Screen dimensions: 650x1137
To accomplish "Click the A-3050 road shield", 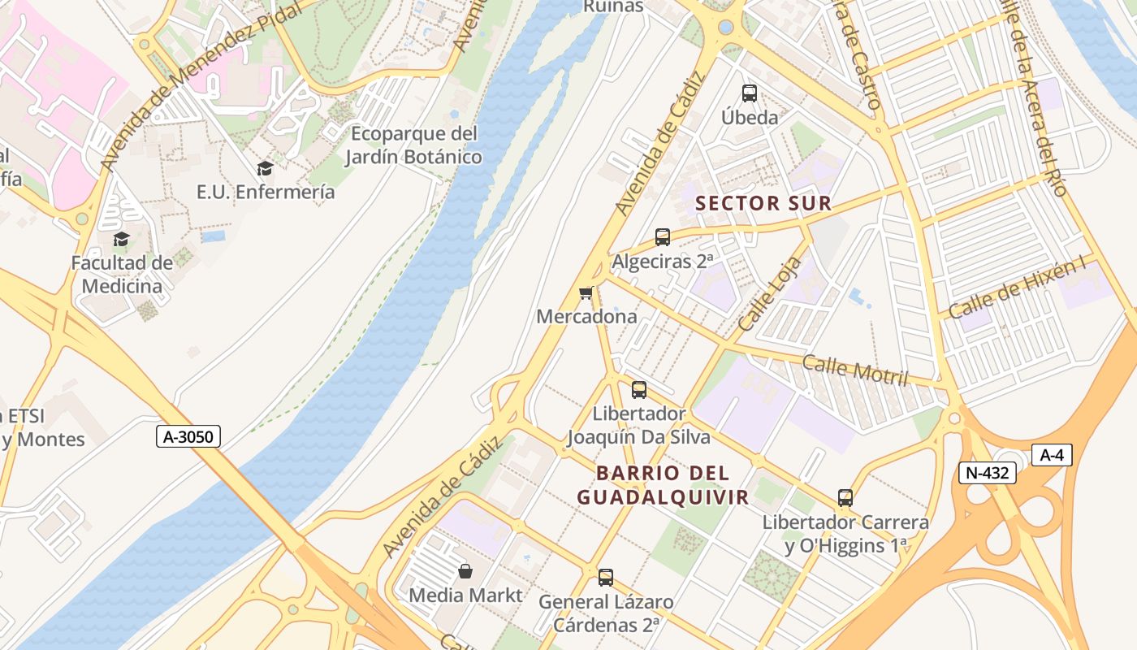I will click(x=188, y=437).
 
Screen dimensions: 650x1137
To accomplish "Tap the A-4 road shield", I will click(x=1052, y=455).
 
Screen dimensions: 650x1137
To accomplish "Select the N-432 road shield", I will click(x=987, y=473).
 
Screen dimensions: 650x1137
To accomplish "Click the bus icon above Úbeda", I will click(x=750, y=93).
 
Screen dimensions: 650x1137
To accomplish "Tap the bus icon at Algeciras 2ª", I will click(x=663, y=237).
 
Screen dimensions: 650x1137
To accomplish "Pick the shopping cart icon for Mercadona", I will click(x=586, y=292).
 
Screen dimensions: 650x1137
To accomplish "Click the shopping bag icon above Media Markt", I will click(x=465, y=571).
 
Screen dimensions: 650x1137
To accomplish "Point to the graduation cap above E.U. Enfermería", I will click(x=265, y=169).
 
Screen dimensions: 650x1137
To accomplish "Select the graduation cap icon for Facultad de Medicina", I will click(x=122, y=239).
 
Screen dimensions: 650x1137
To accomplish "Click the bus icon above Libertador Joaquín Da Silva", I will click(x=639, y=390).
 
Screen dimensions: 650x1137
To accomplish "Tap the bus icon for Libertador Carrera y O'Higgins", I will click(x=845, y=498).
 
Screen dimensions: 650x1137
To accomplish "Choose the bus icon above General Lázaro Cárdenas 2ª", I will click(x=606, y=578).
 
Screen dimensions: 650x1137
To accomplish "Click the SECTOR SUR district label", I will click(x=764, y=204).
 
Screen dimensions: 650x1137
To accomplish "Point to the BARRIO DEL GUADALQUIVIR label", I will click(x=663, y=485).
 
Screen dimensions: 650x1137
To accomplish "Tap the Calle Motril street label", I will click(x=854, y=370).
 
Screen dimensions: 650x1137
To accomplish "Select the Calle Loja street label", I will click(x=770, y=294).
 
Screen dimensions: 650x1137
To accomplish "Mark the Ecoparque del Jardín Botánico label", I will click(x=413, y=145).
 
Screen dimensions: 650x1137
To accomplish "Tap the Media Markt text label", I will click(x=465, y=596).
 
